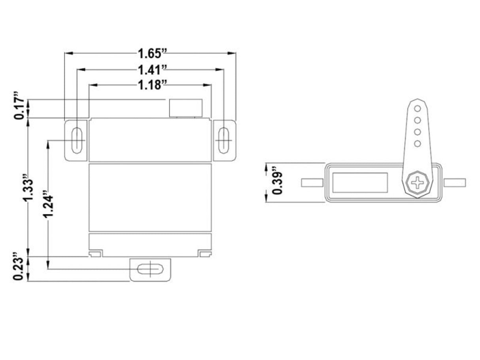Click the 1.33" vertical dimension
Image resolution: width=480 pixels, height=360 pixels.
(27, 188)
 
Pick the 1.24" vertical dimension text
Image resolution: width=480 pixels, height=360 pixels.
(48, 204)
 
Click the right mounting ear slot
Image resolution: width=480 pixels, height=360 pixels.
(224, 140)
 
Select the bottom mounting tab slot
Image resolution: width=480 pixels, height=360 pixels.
(150, 269)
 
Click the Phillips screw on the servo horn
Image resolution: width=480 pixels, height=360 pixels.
(417, 183)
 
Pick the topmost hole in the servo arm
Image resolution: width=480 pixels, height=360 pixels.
(417, 108)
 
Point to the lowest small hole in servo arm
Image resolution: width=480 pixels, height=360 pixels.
(417, 143)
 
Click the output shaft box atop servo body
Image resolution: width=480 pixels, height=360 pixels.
(186, 108)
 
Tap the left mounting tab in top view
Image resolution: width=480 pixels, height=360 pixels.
(312, 183)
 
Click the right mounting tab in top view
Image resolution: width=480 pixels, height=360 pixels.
(455, 183)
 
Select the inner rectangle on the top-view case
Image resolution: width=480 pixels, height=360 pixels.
(360, 183)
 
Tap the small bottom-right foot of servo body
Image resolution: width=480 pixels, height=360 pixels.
(205, 254)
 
